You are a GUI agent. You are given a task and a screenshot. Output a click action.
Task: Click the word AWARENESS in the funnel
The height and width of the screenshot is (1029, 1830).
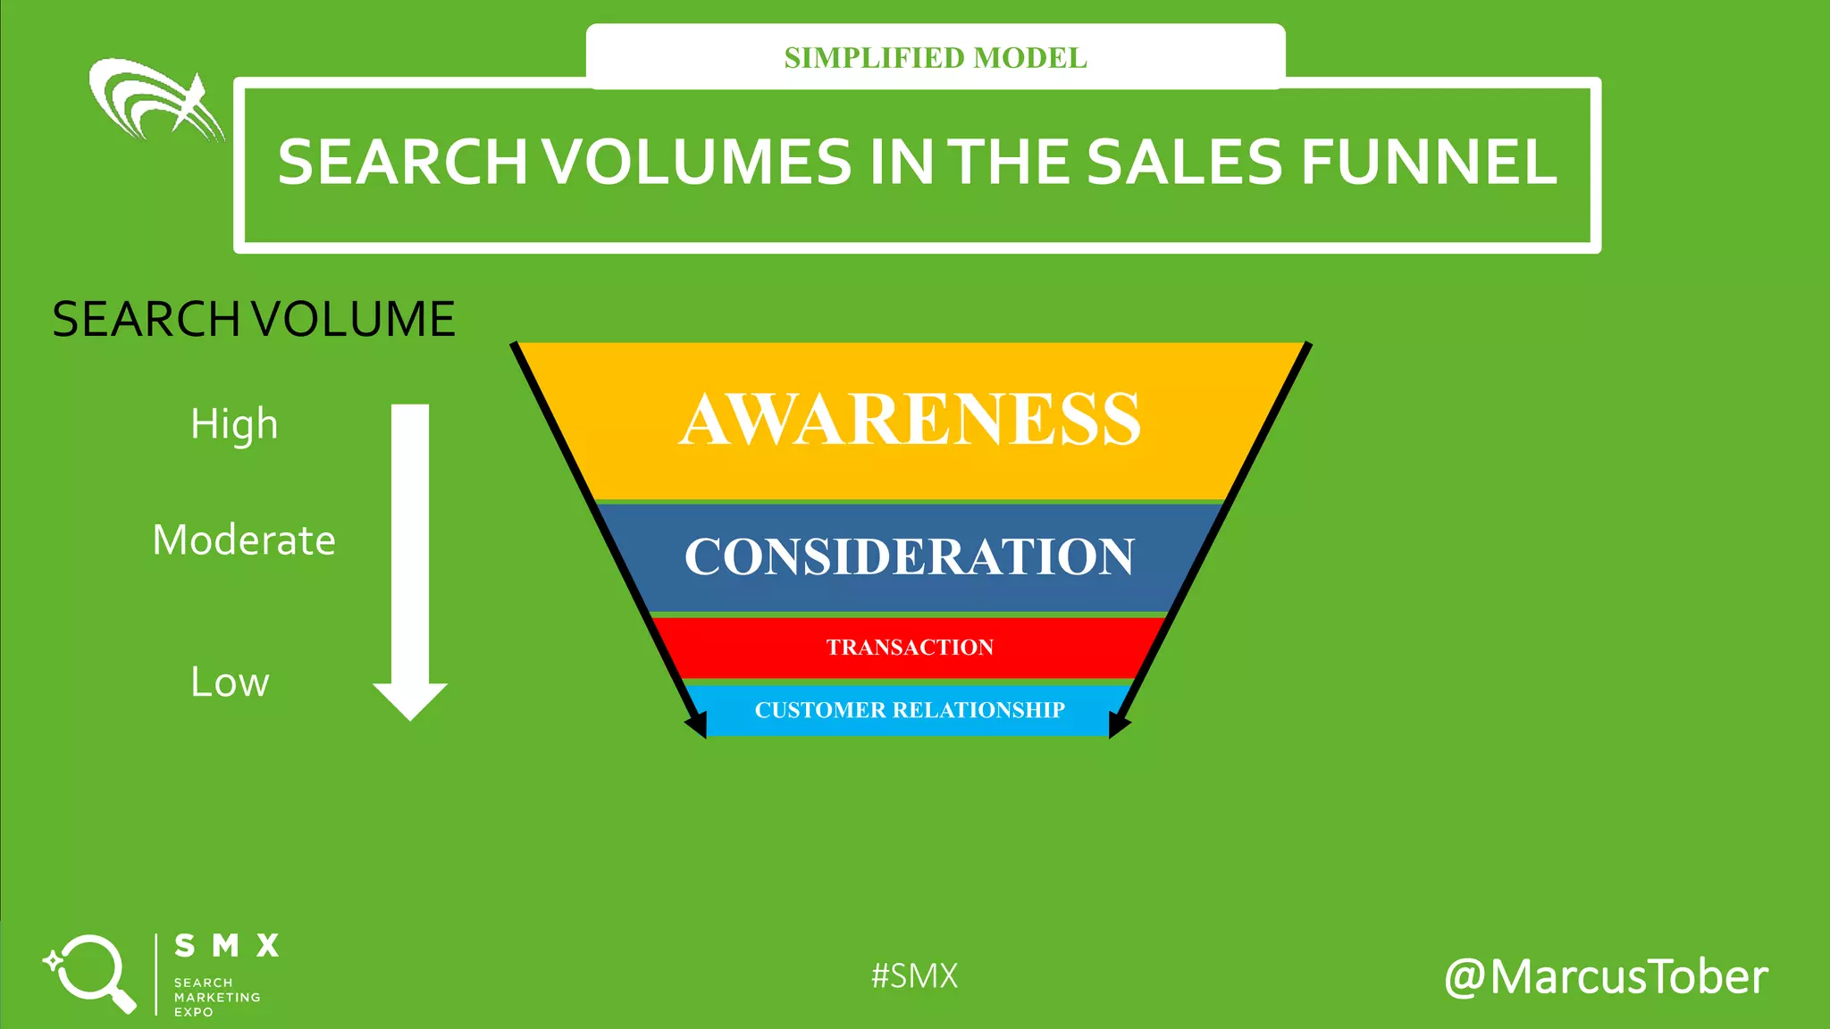tap(910, 419)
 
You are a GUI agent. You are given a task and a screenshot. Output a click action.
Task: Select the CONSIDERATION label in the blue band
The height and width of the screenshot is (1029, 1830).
tap(910, 556)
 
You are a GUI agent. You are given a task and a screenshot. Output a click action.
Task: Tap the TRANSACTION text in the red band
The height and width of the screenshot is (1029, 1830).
tap(910, 647)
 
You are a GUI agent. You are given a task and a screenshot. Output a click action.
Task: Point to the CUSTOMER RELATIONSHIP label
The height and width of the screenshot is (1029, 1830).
tap(910, 710)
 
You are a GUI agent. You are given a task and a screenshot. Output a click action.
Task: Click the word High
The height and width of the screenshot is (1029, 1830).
tap(234, 424)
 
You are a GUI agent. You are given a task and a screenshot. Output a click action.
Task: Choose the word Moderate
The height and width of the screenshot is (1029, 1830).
tap(244, 540)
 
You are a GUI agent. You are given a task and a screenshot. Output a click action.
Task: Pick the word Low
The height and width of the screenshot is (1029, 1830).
tap(230, 682)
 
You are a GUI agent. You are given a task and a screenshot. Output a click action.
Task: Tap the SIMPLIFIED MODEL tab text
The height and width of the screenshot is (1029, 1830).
tap(936, 58)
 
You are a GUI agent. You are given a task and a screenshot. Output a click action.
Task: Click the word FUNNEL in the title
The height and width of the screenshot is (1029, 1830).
tap(1429, 163)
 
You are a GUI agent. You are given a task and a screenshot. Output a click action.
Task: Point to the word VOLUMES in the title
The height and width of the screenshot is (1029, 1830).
tap(697, 163)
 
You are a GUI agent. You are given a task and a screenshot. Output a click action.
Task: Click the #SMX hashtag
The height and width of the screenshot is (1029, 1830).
tap(914, 975)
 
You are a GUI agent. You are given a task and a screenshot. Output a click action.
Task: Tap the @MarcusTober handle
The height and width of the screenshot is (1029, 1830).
tap(1606, 976)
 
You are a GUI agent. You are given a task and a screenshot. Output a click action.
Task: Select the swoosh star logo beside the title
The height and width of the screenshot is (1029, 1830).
tap(156, 100)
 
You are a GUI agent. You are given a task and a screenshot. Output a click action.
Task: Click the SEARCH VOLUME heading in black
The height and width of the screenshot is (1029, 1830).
tap(254, 319)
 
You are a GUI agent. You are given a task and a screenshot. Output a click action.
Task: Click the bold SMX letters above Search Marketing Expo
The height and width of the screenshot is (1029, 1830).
tap(227, 945)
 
